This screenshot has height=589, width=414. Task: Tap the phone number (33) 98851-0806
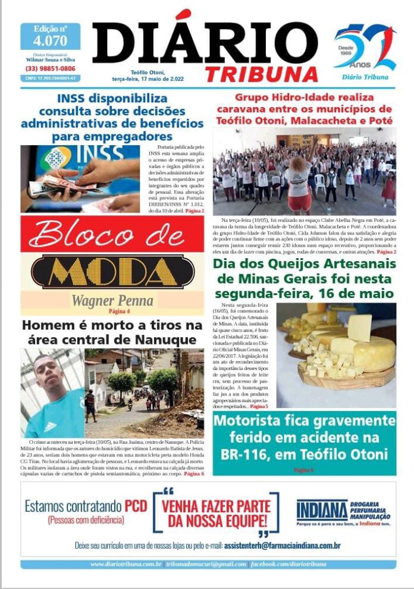(50, 68)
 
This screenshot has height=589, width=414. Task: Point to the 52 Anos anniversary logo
(365, 49)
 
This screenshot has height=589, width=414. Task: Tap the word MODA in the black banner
(112, 271)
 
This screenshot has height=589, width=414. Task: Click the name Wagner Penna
(112, 300)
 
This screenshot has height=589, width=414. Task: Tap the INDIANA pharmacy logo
(322, 510)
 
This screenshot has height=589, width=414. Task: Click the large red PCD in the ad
(135, 506)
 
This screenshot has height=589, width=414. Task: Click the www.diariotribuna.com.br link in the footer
(126, 564)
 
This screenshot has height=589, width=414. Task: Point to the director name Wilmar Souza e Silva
(50, 59)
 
